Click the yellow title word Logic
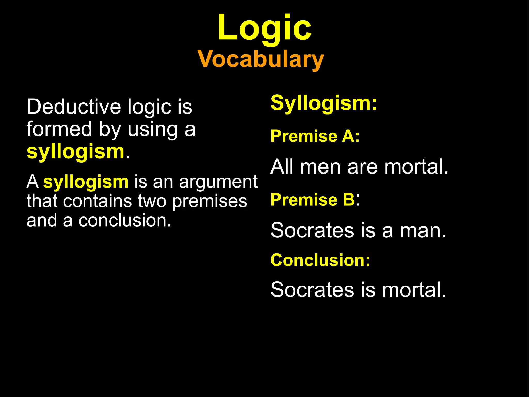click(264, 28)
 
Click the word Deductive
click(74, 107)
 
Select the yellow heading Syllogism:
click(324, 103)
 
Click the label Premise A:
click(315, 136)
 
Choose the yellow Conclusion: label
click(320, 260)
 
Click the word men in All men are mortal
click(320, 167)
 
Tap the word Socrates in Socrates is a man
click(312, 230)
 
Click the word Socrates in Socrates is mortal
click(312, 290)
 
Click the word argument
click(218, 182)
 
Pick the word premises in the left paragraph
click(209, 201)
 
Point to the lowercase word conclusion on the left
click(125, 221)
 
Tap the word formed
click(59, 129)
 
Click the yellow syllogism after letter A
click(86, 182)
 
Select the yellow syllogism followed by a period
click(76, 152)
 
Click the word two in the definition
click(152, 201)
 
